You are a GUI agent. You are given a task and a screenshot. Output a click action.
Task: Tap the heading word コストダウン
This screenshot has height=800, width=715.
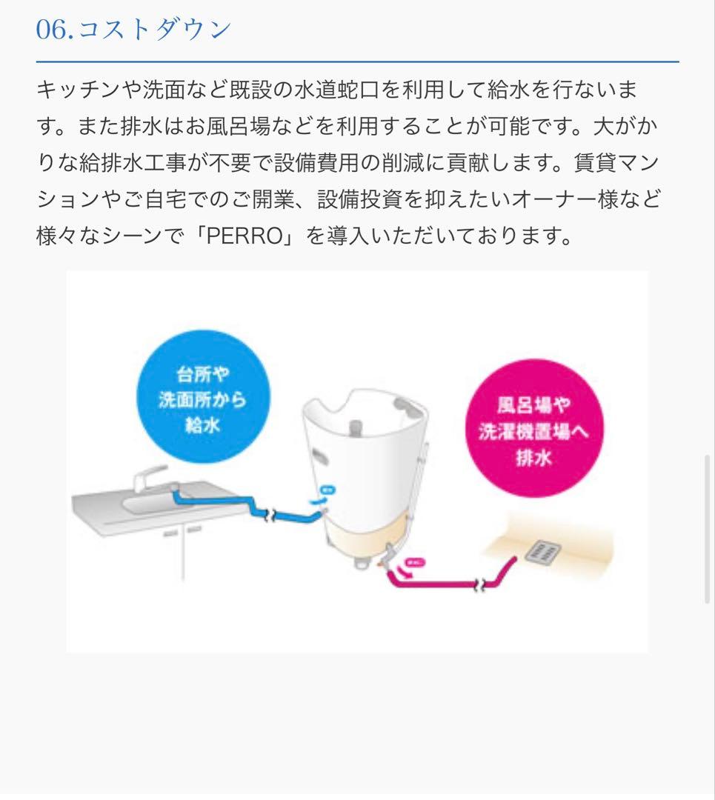[x=154, y=30]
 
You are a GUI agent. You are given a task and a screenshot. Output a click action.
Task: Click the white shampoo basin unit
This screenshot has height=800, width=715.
[x=363, y=459]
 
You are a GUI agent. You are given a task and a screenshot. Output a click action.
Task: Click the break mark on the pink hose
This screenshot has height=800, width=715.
[x=482, y=583]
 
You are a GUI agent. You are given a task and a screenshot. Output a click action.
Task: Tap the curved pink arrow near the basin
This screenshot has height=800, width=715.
[x=405, y=570]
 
